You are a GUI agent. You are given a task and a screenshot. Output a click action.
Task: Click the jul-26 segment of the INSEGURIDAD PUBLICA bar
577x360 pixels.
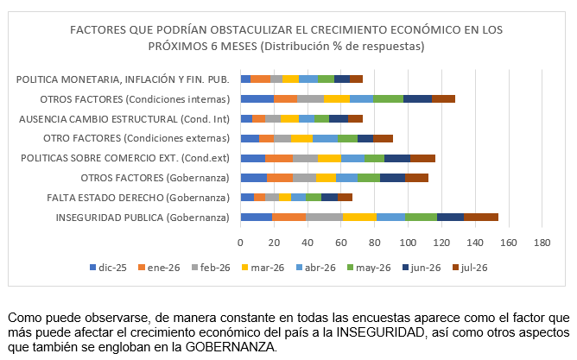pos(481,217)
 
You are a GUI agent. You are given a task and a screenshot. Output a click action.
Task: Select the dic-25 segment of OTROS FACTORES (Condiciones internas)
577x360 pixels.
pos(257,98)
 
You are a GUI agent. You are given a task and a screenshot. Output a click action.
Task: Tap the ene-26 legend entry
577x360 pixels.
pos(159,268)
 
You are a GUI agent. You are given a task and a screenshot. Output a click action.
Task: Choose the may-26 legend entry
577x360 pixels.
pos(369,268)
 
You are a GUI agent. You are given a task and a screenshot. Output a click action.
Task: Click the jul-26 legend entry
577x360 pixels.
pos(470,268)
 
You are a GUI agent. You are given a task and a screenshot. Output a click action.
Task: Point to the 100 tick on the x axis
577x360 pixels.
pos(408,243)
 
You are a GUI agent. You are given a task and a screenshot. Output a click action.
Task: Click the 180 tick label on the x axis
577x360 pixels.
pos(542,243)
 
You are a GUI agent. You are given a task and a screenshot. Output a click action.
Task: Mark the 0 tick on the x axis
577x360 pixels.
pos(241,243)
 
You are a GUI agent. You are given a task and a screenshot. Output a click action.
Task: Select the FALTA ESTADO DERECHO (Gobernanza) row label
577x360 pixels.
pos(138,198)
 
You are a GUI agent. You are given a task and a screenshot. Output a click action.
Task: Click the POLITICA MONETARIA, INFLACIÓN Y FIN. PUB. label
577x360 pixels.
pos(123,79)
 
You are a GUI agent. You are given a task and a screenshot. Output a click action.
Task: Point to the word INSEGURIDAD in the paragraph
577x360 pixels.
pos(381,332)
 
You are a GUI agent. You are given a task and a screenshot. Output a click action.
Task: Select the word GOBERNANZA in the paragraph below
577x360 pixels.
pos(230,347)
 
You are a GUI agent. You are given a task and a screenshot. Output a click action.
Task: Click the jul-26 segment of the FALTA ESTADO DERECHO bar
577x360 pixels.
pos(345,197)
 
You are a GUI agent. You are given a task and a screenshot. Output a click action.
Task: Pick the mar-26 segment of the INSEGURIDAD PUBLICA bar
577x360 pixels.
pos(359,217)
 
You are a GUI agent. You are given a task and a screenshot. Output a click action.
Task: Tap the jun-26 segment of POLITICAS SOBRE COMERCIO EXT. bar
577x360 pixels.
pos(397,158)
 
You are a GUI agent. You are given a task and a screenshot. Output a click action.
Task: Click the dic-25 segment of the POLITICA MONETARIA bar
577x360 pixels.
pos(246,79)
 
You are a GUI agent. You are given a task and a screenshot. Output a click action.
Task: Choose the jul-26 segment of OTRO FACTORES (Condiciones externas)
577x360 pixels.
pos(383,138)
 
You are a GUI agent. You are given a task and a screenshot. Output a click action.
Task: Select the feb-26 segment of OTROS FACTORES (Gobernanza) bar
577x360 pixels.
pos(304,178)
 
